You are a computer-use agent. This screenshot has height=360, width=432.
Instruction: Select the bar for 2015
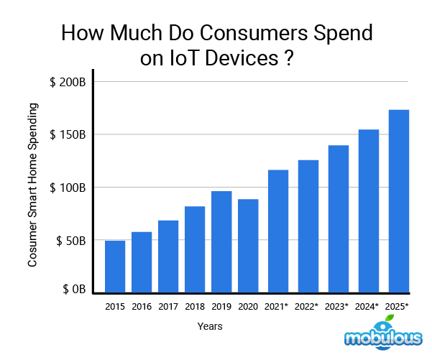[x=115, y=267]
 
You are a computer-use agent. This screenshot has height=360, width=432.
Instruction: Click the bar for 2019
[x=221, y=242]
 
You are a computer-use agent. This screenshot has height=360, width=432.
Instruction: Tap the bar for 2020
[x=248, y=246]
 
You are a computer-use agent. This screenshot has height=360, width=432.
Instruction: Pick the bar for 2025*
[x=398, y=201]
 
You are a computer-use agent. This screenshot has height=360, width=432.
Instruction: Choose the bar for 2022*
[x=308, y=226]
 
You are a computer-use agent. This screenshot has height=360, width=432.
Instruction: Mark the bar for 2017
[x=168, y=257]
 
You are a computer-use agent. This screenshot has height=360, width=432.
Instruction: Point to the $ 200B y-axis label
[x=69, y=82]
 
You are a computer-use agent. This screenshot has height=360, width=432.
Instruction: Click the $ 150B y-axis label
[x=69, y=134]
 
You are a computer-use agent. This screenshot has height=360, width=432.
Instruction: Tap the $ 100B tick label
[x=69, y=188]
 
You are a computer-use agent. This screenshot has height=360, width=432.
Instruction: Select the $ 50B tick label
[x=71, y=240]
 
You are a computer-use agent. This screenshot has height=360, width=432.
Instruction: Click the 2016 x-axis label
[x=142, y=307]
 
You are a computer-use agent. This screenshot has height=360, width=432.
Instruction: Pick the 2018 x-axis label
[x=195, y=307]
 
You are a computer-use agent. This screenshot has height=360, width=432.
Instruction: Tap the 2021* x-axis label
[x=277, y=307]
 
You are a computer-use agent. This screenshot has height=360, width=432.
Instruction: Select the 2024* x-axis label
[x=368, y=307]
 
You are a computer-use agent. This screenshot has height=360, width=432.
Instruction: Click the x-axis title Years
[x=210, y=326]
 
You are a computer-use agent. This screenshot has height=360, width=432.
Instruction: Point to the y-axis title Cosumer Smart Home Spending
[x=32, y=185]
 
